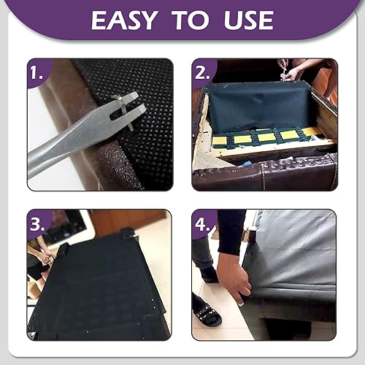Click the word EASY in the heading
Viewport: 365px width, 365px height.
coord(123,20)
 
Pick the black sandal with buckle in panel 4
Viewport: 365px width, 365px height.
coord(208,315)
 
